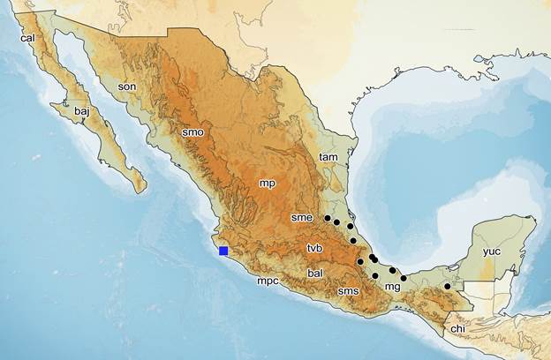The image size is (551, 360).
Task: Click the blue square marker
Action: [223, 251]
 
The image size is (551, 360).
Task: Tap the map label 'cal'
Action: [27, 38]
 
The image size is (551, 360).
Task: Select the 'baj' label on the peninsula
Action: [82, 112]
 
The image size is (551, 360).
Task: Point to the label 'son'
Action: [128, 86]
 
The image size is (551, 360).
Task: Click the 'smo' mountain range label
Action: [192, 132]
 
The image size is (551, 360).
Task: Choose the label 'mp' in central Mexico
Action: [267, 183]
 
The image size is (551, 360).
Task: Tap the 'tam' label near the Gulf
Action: [328, 157]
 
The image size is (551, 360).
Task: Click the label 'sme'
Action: [302, 216]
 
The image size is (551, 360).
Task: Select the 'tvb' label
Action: [316, 247]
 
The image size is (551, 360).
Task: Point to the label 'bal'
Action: [315, 274]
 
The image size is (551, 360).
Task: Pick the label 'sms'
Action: [348, 290]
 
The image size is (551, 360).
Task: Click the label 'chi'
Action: [457, 328]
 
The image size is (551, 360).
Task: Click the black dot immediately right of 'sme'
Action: [327, 218]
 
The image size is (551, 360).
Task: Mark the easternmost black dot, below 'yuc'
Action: [447, 286]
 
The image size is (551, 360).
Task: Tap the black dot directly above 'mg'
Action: [392, 270]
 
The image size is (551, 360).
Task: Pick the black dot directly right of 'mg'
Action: [404, 279]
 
